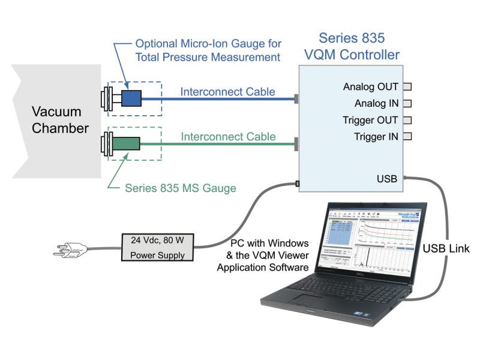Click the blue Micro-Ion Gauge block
[131, 98]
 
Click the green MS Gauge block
[130, 144]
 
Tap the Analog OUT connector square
[407, 86]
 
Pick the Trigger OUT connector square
[407, 119]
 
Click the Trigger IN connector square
[407, 136]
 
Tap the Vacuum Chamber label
[60, 119]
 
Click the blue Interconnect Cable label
[227, 92]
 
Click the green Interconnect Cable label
[227, 136]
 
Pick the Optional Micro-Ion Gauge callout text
[208, 50]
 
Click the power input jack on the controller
[296, 183]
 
